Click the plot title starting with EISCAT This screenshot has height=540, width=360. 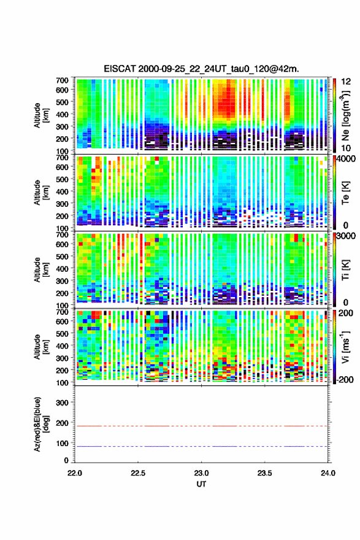click(x=201, y=69)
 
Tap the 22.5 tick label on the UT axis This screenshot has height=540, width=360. click(x=138, y=473)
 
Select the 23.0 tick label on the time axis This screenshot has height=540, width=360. click(x=201, y=473)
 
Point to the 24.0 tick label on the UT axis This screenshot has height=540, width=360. click(x=327, y=473)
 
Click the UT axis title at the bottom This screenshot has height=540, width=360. click(x=201, y=484)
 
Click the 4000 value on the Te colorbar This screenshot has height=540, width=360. click(x=347, y=159)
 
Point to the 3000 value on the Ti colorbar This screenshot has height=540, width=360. click(x=347, y=236)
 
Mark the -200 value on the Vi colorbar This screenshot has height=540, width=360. click(x=344, y=379)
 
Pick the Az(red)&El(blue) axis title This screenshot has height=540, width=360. click(x=40, y=425)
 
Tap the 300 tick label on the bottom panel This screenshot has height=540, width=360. click(x=62, y=403)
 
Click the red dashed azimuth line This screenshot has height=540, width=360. click(x=201, y=426)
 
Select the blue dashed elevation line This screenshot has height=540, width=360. click(x=201, y=446)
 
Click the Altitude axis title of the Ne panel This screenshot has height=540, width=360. click(x=40, y=115)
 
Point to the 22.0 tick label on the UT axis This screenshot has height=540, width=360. click(x=75, y=473)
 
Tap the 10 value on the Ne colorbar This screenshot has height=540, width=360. click(x=346, y=148)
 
